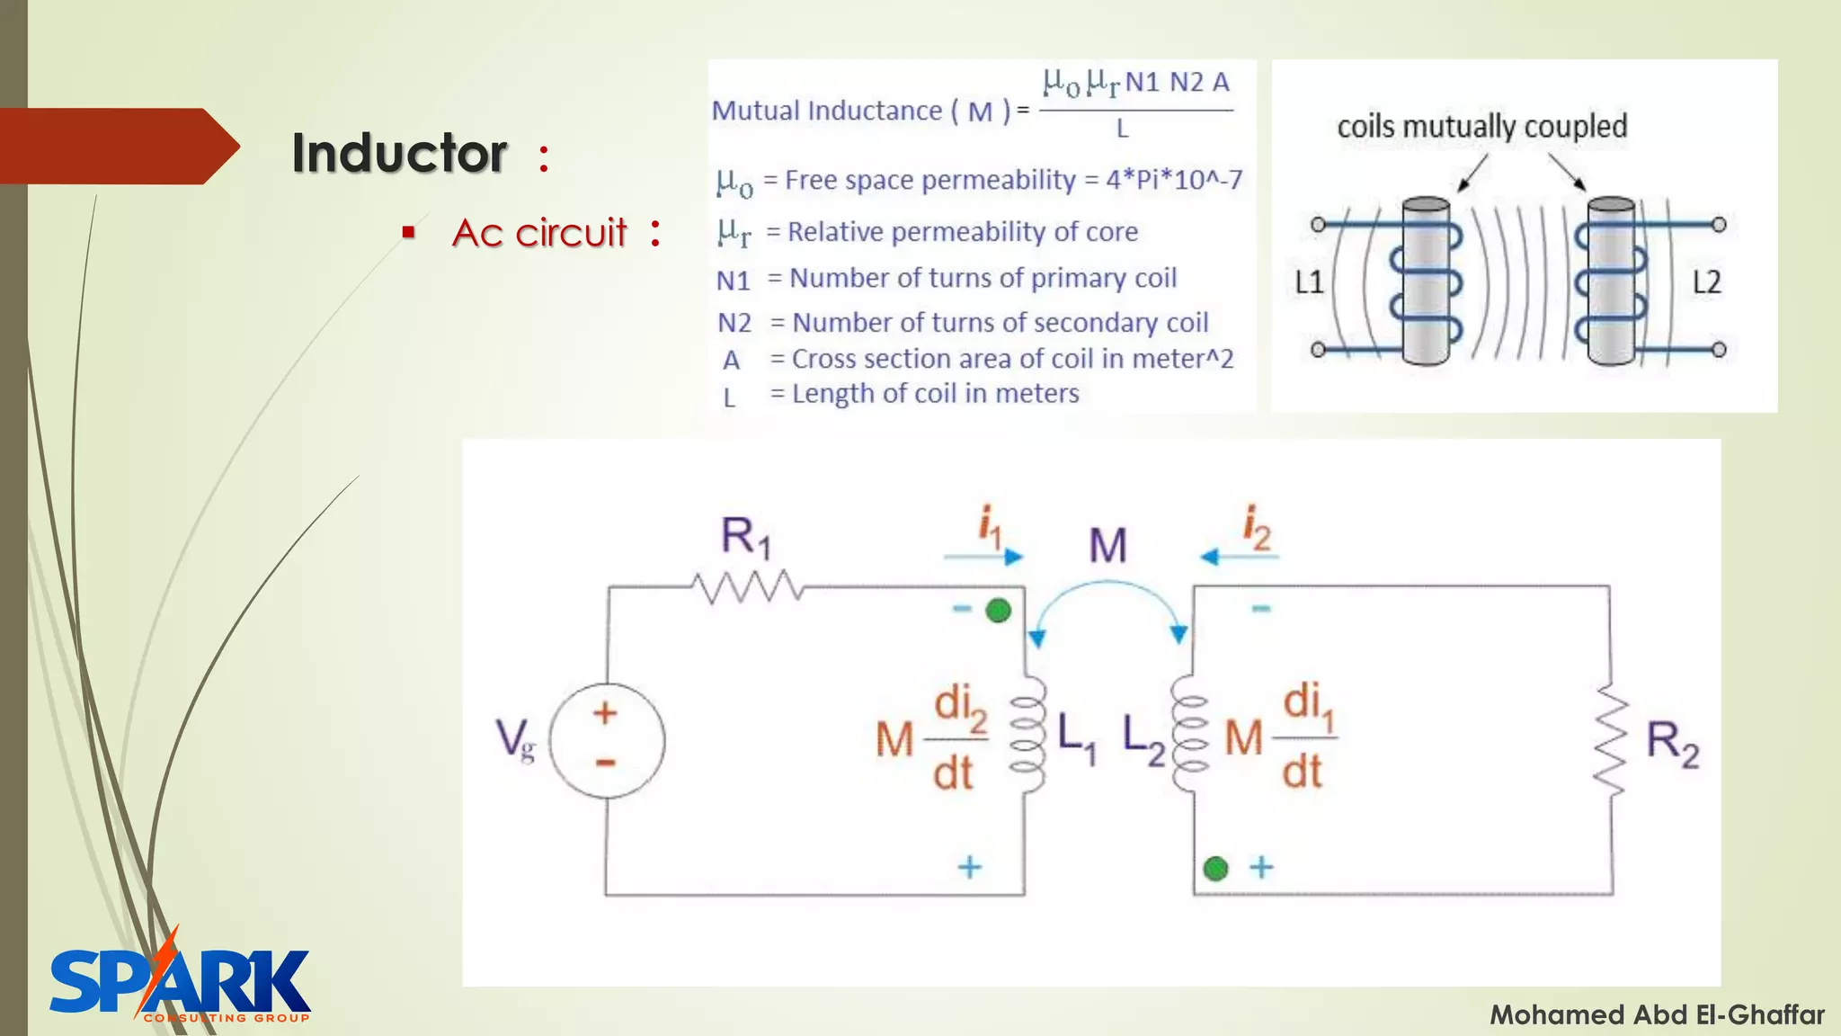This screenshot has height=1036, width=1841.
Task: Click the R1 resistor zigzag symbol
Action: tap(746, 587)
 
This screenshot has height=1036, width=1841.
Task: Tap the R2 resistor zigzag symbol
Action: tap(1612, 743)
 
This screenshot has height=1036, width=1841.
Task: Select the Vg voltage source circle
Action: tap(607, 740)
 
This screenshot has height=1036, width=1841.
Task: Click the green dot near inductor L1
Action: tap(998, 611)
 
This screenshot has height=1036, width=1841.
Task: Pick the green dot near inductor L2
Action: tap(1215, 869)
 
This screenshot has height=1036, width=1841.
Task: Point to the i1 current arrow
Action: tap(983, 557)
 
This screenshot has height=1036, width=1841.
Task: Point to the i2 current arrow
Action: tap(1239, 557)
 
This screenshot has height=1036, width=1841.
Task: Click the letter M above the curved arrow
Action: tap(1107, 545)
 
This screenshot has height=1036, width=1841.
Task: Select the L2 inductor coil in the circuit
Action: tap(1188, 736)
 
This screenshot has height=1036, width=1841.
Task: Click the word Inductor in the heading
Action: tap(399, 153)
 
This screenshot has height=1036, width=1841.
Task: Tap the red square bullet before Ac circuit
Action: tap(409, 233)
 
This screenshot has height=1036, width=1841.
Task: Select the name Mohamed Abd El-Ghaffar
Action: tap(1657, 1015)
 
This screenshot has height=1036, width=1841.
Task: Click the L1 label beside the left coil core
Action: tap(1309, 283)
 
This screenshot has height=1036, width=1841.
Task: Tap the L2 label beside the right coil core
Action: tap(1706, 283)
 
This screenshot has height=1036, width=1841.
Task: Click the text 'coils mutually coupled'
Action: tap(1481, 127)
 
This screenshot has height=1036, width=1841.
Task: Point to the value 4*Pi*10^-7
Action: tap(1173, 180)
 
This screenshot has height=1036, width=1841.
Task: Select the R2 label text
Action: tap(1672, 744)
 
